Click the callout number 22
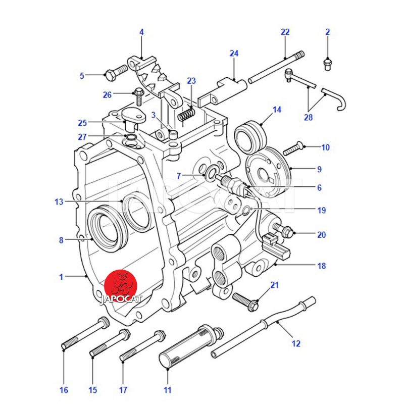285,32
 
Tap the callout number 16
64,390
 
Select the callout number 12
296,344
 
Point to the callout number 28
308,117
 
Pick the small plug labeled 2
327,64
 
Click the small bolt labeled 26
138,93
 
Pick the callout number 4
141,32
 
